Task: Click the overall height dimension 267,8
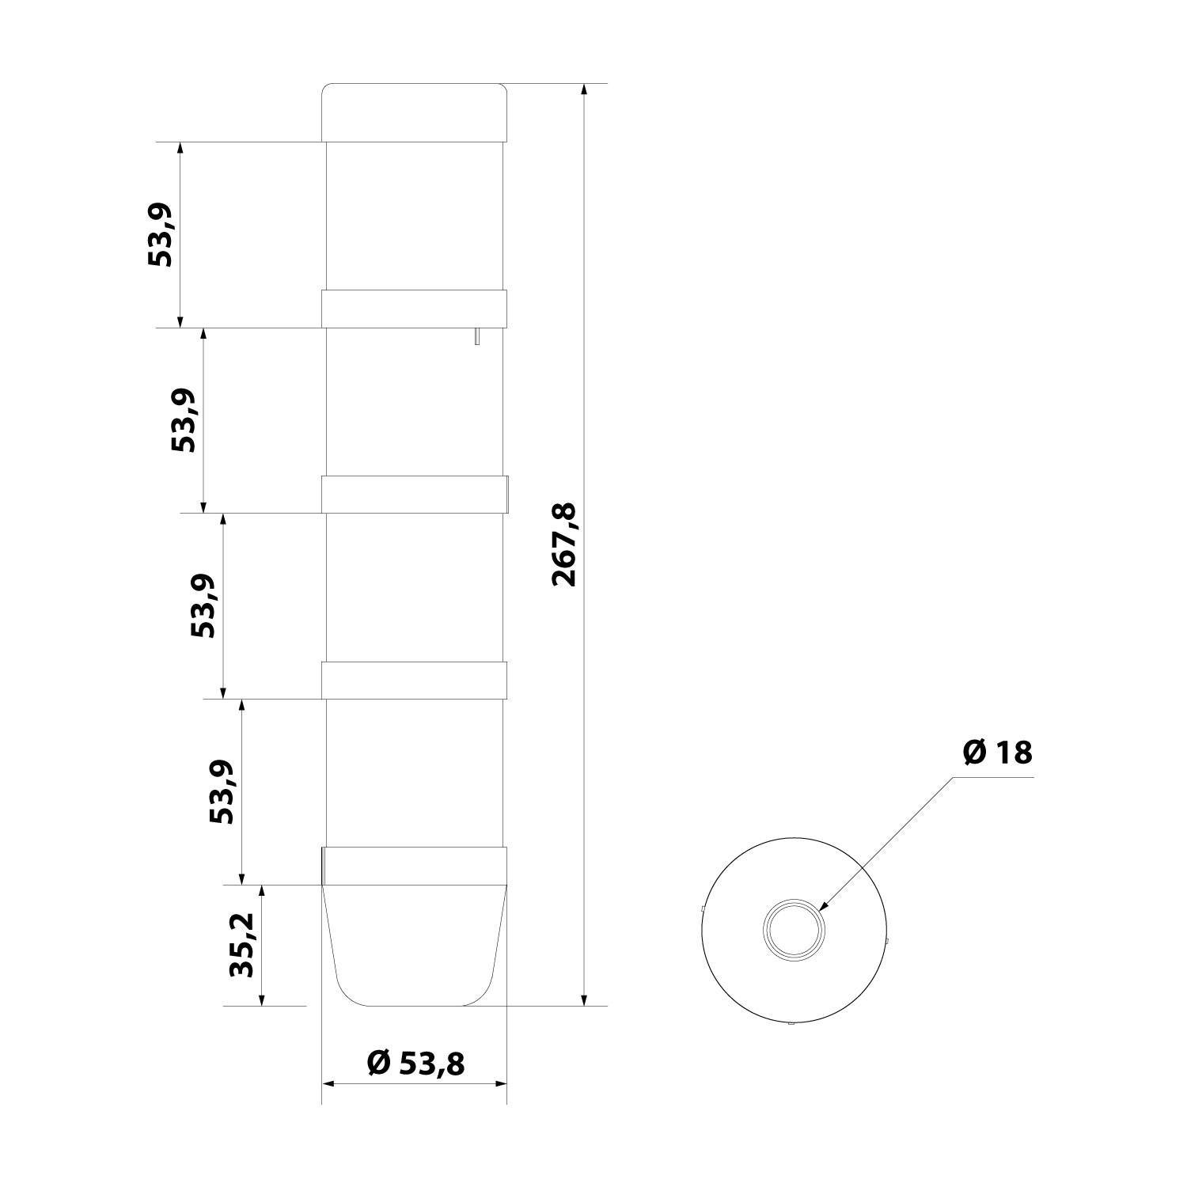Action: click(x=564, y=544)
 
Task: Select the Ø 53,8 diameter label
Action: click(x=415, y=1063)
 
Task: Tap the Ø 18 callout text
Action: click(x=997, y=753)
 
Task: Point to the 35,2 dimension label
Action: click(x=241, y=945)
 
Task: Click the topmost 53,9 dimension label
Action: click(x=161, y=234)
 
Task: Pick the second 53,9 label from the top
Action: click(x=184, y=420)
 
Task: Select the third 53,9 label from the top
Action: click(x=203, y=605)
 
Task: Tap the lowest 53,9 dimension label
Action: click(x=222, y=791)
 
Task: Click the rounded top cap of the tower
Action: click(x=414, y=112)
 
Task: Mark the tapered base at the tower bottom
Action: click(x=414, y=950)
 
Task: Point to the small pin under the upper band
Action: click(x=476, y=336)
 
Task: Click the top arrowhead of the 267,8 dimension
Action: click(x=584, y=89)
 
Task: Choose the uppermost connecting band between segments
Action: click(x=414, y=309)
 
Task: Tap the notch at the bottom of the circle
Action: click(x=791, y=1025)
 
